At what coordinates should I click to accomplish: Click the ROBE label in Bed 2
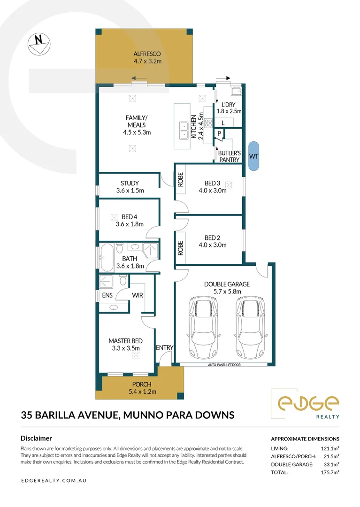pyautogui.click(x=180, y=247)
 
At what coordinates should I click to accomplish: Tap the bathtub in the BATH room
pyautogui.click(x=107, y=258)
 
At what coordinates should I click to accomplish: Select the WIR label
pyautogui.click(x=138, y=295)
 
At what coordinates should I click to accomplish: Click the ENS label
pyautogui.click(x=107, y=295)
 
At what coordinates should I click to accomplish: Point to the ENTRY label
pyautogui.click(x=165, y=348)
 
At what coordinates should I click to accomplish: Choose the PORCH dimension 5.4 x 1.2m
pyautogui.click(x=142, y=392)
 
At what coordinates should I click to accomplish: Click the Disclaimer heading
pyautogui.click(x=36, y=438)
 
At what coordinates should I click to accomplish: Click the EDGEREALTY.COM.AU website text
pyautogui.click(x=54, y=481)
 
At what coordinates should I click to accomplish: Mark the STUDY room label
pyautogui.click(x=130, y=184)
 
